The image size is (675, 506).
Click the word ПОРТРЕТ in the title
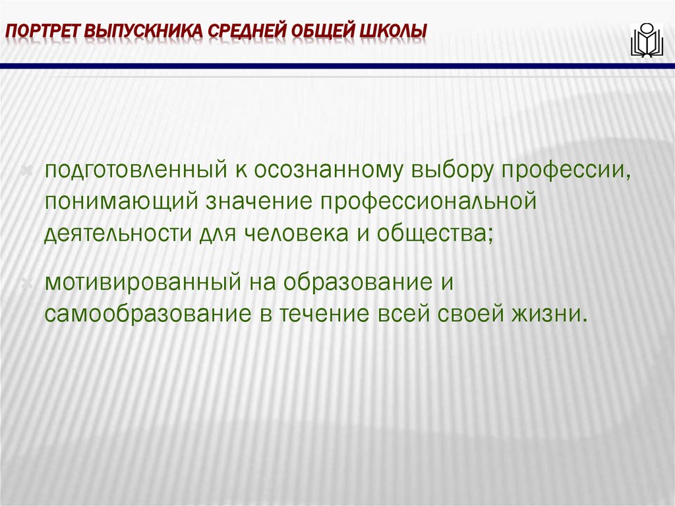(44, 32)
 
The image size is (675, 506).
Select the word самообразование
(144, 313)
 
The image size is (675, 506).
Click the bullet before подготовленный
(28, 172)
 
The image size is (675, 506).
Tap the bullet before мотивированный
(28, 283)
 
